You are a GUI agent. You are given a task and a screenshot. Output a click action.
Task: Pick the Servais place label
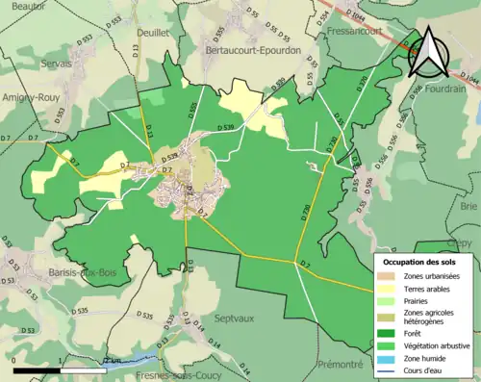tap(57, 63)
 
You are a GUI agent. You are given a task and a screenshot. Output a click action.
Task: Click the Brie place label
tap(468, 206)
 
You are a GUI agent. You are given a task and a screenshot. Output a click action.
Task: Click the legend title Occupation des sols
tap(425, 262)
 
